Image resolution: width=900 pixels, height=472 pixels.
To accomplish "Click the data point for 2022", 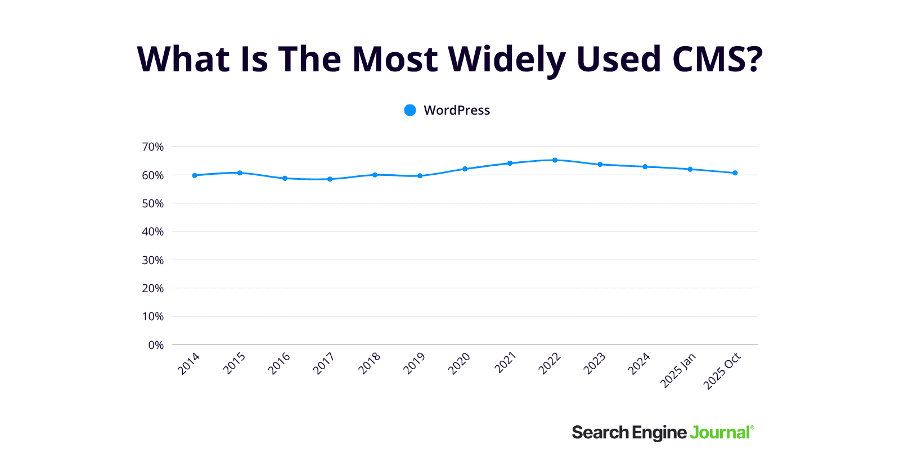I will pos(555,160).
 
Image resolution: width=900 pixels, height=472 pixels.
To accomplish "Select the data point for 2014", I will pos(195,175).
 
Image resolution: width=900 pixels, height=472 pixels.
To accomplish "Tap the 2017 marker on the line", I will pos(330,179).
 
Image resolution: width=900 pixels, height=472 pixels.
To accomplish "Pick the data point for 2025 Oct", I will pos(735,173).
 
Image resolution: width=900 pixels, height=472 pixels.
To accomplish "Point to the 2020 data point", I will pos(465,169).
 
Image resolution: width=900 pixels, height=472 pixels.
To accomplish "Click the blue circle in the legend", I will pos(410,110).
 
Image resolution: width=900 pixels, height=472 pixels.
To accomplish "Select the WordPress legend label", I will pos(456,110).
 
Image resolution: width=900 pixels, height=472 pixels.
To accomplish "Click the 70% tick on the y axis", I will pos(152,147).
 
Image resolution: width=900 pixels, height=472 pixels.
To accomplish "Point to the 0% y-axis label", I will pos(156,345).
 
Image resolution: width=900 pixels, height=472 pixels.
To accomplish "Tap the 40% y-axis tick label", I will pos(152,232).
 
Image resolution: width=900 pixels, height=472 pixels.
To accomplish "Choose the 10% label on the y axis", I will pos(152,316).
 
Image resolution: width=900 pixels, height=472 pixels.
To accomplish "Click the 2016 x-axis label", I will pos(279,364).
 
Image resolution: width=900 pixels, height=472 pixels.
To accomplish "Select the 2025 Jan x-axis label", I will pos(678,370).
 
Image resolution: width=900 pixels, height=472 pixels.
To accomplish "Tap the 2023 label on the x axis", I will pos(595,364).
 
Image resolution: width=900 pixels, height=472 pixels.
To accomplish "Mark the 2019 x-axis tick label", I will pos(415,364).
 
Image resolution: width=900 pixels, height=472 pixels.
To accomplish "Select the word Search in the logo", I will pos(600,433).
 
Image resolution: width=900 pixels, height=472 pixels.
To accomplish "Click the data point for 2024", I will pos(645,167).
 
